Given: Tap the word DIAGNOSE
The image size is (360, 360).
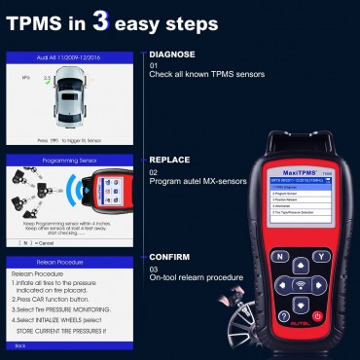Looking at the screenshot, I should click(x=172, y=54).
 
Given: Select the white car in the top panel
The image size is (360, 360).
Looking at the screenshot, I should click(x=69, y=104).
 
